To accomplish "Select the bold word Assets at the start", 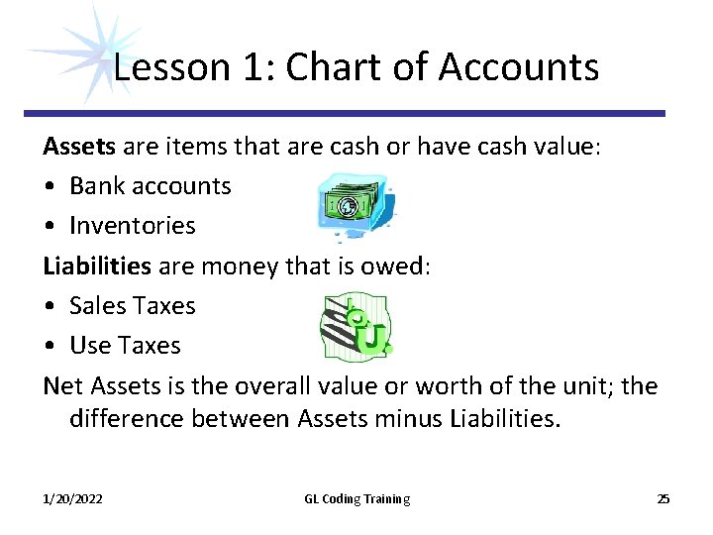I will (79, 146).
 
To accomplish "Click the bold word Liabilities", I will (97, 266).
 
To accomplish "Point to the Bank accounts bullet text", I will (150, 185).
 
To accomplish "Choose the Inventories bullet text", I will (133, 226).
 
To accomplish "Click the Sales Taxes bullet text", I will (133, 305).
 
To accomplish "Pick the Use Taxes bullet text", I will (125, 346).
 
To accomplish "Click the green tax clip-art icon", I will (356, 326).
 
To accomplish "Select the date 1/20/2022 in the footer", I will (72, 498).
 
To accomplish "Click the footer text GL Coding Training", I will (356, 498).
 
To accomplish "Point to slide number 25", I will (662, 498).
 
